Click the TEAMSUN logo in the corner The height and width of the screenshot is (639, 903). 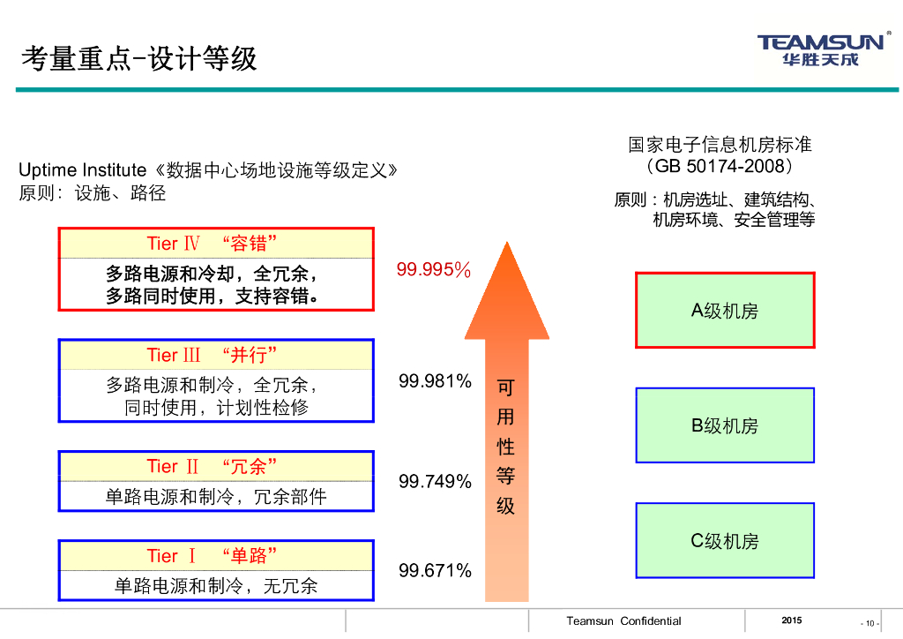pos(820,49)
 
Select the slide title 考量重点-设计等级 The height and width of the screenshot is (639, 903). pos(138,58)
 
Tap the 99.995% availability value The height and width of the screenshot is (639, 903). pos(433,270)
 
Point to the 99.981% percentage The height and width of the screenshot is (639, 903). pos(435,381)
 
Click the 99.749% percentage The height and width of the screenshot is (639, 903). pos(435,481)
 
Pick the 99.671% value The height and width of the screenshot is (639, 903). pos(435,570)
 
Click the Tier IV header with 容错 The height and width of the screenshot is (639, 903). pos(217,244)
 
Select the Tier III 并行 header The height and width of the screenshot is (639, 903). pos(217,355)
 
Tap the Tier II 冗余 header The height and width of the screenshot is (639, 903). pos(217,466)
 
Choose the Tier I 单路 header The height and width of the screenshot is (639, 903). pos(217,556)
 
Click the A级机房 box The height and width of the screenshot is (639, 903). pos(725,311)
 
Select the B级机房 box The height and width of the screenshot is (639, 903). pos(725,425)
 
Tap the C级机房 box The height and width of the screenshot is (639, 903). pos(725,541)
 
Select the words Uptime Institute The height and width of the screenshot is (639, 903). pos(82,170)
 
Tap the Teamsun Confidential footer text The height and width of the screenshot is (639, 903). pos(623,621)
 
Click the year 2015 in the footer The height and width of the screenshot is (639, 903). pos(792,620)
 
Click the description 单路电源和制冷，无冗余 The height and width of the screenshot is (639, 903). pos(217,585)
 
